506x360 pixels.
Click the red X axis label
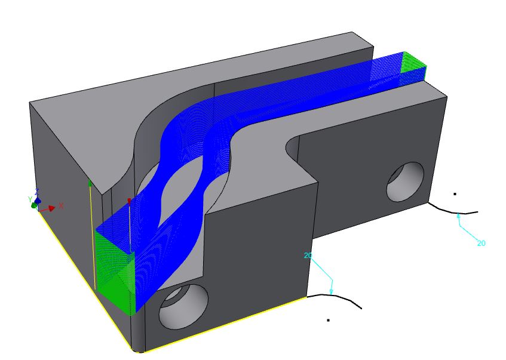61,205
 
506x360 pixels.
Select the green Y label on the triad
29,199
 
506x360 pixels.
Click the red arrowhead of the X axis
52,208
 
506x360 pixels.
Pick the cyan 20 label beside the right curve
481,243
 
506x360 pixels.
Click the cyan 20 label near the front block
308,256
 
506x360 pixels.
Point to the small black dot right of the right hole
455,193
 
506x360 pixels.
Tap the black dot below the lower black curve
328,320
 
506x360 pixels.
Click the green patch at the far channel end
414,63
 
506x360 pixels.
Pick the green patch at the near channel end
114,263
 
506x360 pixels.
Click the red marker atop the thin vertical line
129,201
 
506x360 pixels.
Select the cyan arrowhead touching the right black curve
459,216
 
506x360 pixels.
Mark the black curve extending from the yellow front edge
335,297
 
